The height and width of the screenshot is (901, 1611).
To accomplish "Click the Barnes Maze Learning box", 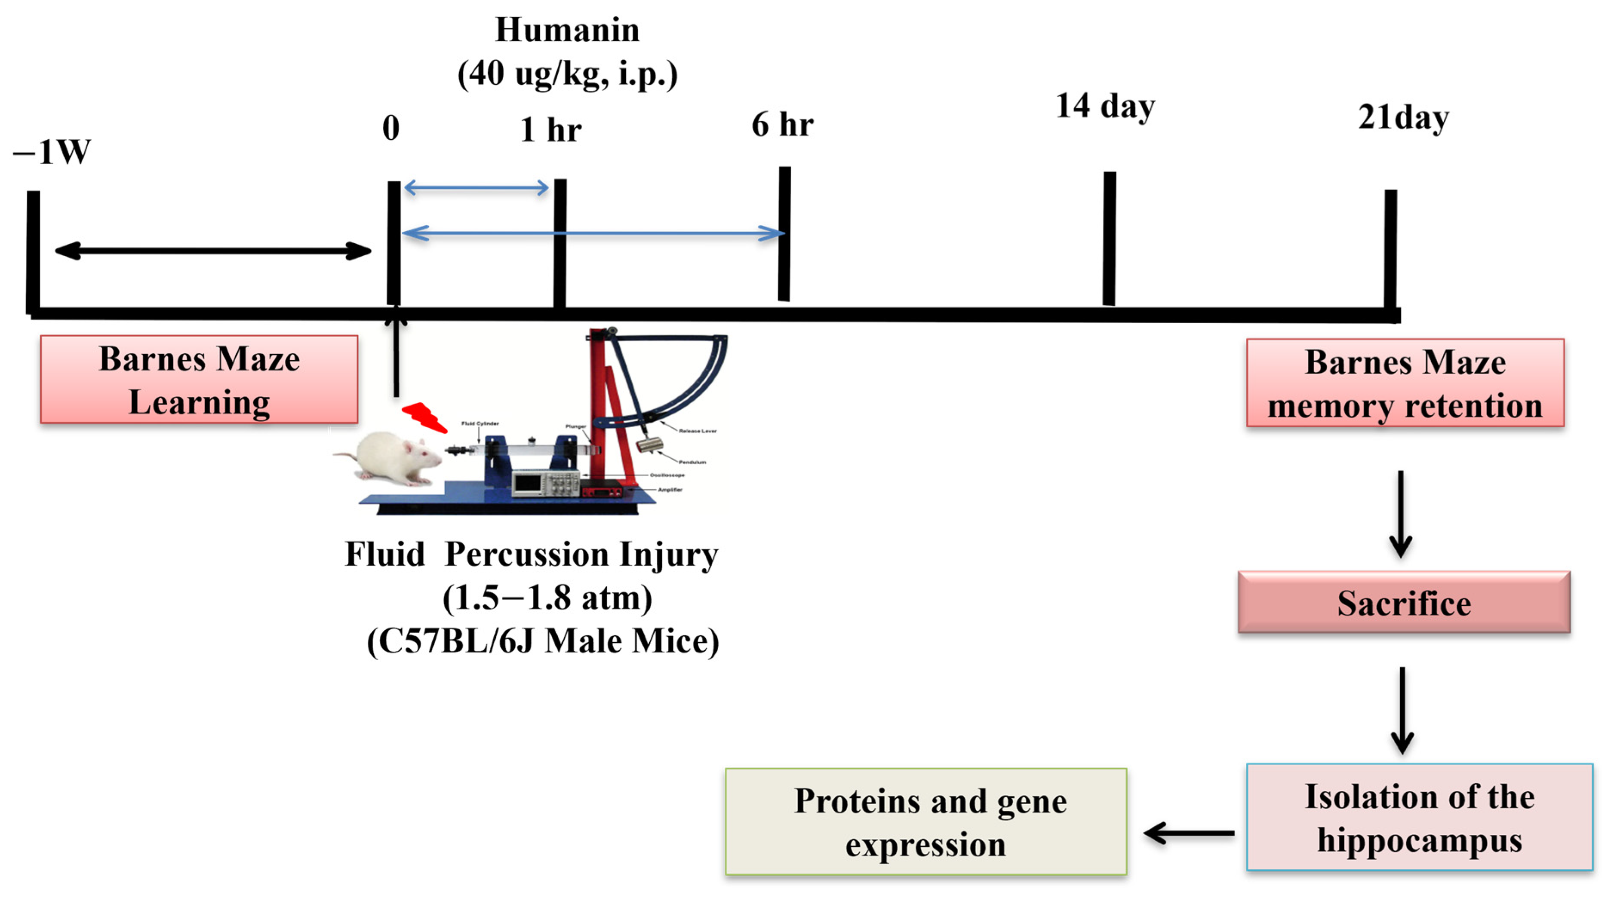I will click(x=199, y=380).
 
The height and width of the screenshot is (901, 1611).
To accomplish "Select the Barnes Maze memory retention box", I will click(x=1405, y=383).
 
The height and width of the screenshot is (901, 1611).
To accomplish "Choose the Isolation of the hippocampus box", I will click(x=1419, y=817).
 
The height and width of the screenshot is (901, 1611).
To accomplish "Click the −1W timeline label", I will click(x=52, y=152).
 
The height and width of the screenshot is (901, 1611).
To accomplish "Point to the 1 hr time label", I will click(x=550, y=130).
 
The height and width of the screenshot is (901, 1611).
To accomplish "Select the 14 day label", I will click(x=1105, y=106).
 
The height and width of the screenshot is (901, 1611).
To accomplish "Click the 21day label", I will click(x=1403, y=117).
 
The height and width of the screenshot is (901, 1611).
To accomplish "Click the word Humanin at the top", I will click(x=567, y=30).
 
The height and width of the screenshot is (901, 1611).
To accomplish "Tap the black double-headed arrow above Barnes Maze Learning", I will click(x=212, y=251).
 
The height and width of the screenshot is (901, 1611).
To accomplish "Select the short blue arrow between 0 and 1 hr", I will click(x=477, y=187).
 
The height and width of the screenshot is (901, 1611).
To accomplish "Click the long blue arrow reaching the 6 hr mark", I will click(x=593, y=233).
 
